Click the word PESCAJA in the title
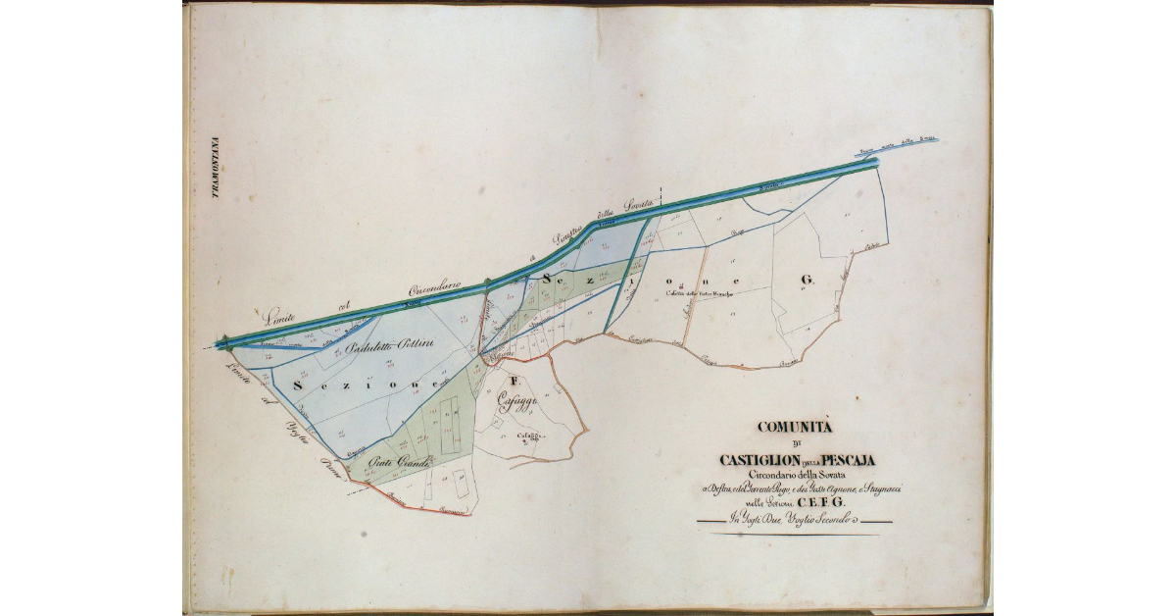842,459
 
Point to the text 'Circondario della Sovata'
794,475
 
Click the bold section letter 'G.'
807,281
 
